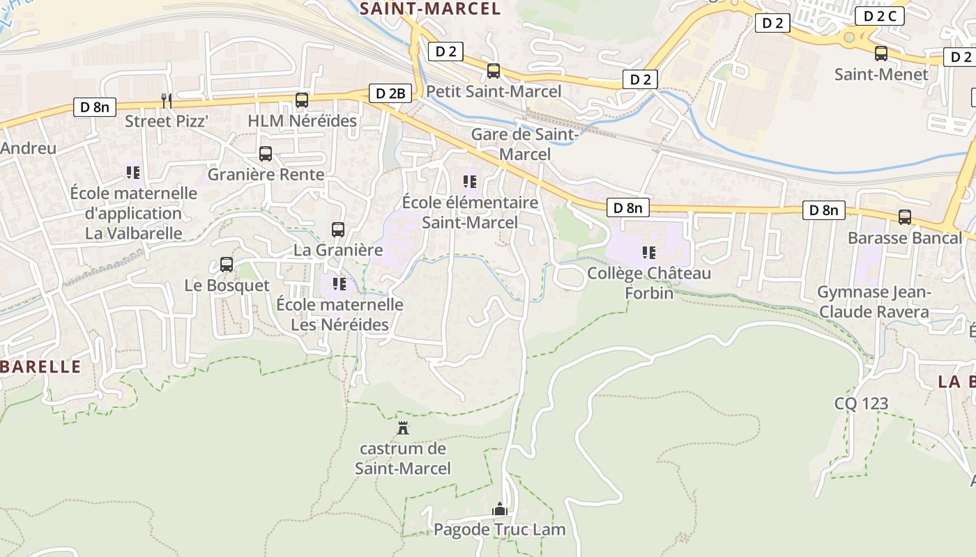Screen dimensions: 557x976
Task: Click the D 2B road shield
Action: tap(390, 93)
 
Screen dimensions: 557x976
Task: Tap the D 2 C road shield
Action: tap(879, 16)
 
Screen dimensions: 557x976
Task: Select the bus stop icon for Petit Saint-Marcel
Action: tap(494, 70)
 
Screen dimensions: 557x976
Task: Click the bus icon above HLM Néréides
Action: tap(302, 100)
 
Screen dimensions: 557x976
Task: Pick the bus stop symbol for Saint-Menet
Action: tap(881, 53)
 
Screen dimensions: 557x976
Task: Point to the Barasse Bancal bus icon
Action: tap(905, 217)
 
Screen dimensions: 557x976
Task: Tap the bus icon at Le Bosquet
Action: tap(227, 264)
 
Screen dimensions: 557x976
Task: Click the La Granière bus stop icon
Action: tap(338, 228)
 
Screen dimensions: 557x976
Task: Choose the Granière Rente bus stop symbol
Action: tap(266, 153)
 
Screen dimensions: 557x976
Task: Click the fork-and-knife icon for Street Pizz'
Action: tap(166, 100)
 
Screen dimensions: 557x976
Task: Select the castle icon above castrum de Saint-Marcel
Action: tap(402, 427)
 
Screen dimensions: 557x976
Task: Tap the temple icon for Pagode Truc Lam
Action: tap(499, 509)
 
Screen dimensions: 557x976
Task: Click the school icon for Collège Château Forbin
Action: tap(649, 252)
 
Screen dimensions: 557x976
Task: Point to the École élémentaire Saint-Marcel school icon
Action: tap(470, 181)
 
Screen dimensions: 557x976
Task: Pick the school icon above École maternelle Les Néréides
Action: tap(340, 283)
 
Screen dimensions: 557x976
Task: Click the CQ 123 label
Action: tap(862, 403)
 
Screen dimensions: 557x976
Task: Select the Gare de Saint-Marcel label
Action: tap(525, 144)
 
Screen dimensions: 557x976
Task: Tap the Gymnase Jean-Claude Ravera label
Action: tap(874, 302)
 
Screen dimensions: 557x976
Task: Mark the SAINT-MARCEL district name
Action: tap(430, 8)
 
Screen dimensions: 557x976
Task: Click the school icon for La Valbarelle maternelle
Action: tap(133, 171)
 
